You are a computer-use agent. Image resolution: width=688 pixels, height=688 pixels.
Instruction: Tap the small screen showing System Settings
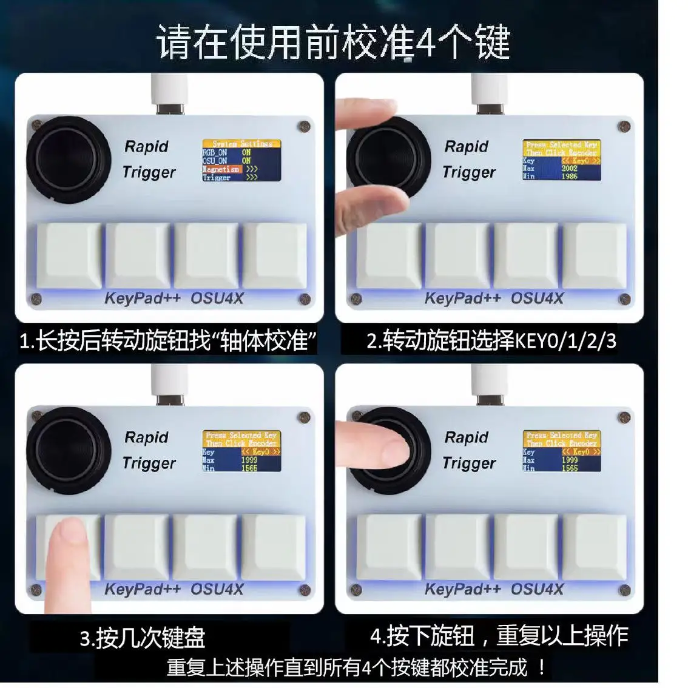tap(241, 160)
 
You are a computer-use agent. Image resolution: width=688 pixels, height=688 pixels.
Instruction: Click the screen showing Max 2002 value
tap(562, 160)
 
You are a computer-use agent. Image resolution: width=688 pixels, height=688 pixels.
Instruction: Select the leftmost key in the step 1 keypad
tap(69, 255)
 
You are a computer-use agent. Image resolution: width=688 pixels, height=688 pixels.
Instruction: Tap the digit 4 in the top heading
tap(426, 42)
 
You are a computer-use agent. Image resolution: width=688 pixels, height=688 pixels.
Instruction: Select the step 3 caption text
tap(143, 638)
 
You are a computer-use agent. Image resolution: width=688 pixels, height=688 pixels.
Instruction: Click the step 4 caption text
tap(499, 635)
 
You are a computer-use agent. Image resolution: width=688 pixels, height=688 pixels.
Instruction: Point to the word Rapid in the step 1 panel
tap(146, 146)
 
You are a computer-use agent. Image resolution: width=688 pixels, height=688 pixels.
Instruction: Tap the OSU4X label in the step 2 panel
tap(537, 298)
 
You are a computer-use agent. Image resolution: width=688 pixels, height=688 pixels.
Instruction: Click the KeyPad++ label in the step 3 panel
tap(143, 589)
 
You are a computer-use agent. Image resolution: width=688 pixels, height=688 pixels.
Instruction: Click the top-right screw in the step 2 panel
tap(623, 127)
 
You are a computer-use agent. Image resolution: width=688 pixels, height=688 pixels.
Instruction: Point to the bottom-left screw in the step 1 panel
tap(36, 298)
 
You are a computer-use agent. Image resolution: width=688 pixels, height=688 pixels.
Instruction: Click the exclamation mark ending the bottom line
tap(542, 668)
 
